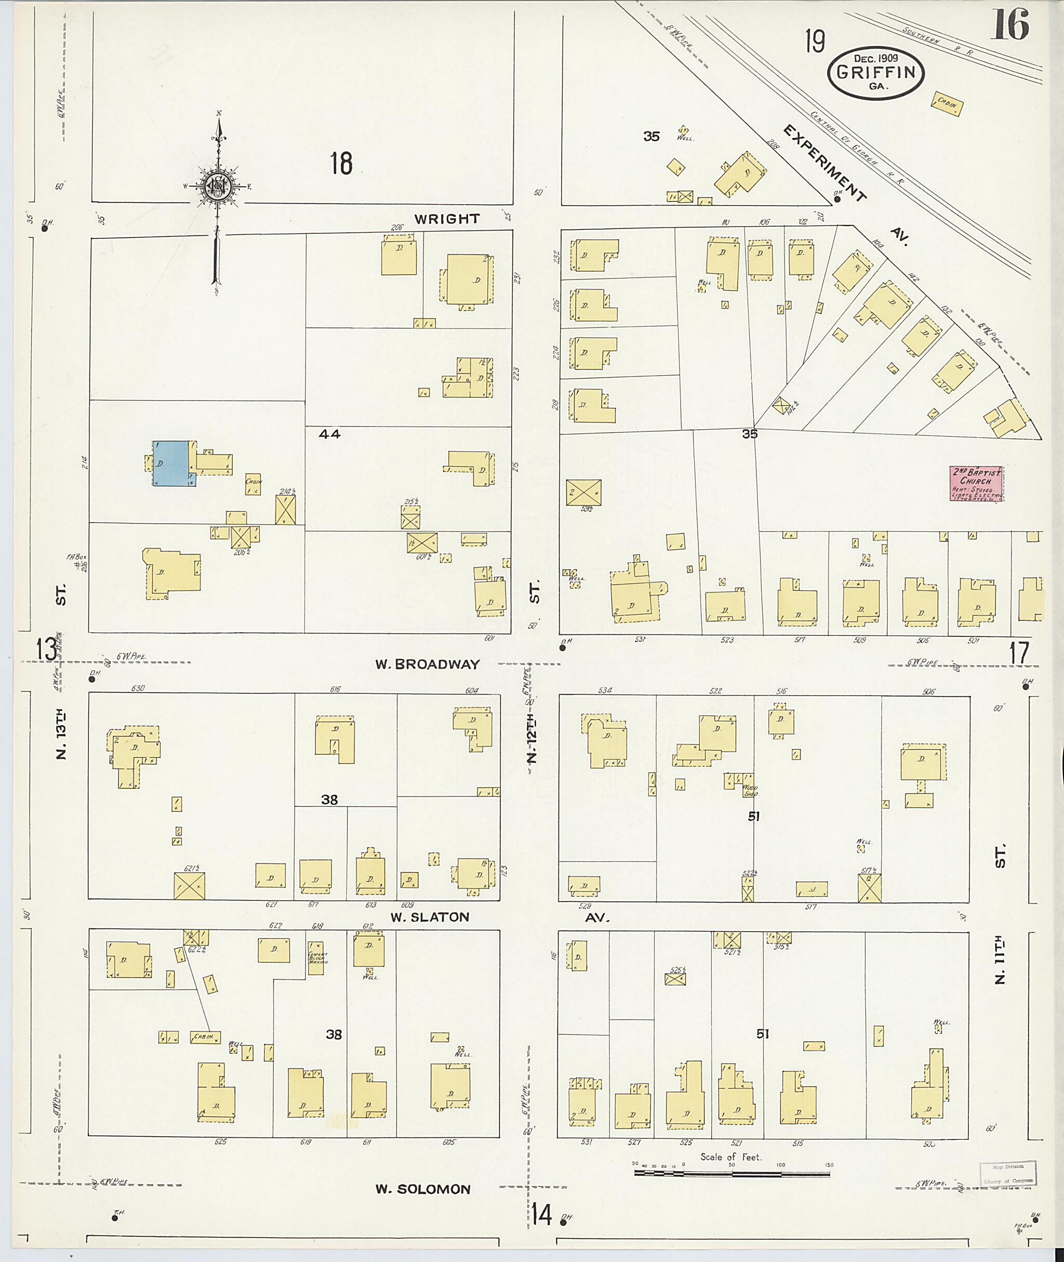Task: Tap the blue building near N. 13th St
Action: [x=171, y=463]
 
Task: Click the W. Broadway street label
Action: [x=427, y=664]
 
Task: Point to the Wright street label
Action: [x=446, y=219]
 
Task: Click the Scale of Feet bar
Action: [x=731, y=1174]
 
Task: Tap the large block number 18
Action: [x=341, y=164]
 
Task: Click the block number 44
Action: [x=330, y=433]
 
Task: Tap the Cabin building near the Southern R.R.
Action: [x=947, y=104]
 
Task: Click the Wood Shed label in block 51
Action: [x=750, y=791]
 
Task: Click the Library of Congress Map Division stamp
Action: [x=1007, y=1172]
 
